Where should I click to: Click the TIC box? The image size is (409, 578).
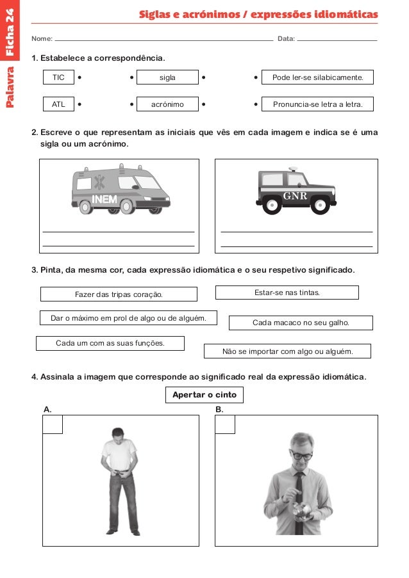(x=58, y=77)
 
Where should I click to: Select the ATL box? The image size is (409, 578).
(x=58, y=104)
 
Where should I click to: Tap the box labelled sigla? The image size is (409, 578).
(x=167, y=77)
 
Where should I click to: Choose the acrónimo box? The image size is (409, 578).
(x=167, y=104)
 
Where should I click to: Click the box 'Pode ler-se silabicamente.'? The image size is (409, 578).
(x=317, y=77)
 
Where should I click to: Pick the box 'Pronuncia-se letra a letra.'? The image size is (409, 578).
(x=317, y=104)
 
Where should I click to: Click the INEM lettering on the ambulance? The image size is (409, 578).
(x=104, y=199)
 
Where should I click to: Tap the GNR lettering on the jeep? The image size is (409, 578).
(x=295, y=196)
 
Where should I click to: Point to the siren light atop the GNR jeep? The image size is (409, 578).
(x=293, y=169)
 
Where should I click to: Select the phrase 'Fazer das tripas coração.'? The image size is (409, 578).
(x=119, y=294)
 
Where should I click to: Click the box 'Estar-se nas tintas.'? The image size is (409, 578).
(x=287, y=293)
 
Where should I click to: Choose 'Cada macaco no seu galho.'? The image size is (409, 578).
(x=301, y=323)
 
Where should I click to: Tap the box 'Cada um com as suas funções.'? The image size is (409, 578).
(x=110, y=343)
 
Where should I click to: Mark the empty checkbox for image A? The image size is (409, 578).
(x=53, y=424)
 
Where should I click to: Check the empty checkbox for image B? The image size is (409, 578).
(x=225, y=424)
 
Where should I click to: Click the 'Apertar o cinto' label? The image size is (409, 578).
(x=204, y=395)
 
